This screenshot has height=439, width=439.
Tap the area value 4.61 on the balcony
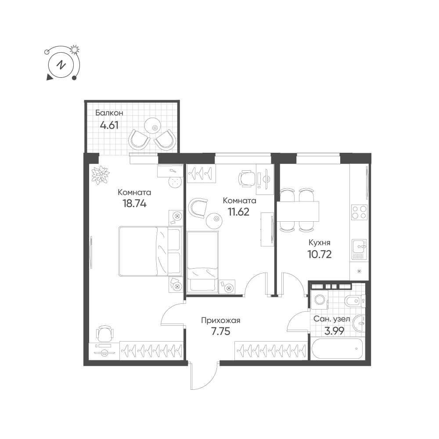pyautogui.click(x=109, y=125)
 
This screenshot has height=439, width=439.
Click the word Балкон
pyautogui.click(x=109, y=113)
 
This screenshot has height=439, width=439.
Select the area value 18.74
pyautogui.click(x=134, y=204)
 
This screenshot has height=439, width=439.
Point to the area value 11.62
pyautogui.click(x=238, y=212)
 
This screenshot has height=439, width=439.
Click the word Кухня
pyautogui.click(x=320, y=243)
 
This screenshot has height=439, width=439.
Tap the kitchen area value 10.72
pyautogui.click(x=320, y=254)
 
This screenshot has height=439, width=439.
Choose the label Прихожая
pyautogui.click(x=221, y=320)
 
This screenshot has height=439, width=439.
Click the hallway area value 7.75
pyautogui.click(x=221, y=331)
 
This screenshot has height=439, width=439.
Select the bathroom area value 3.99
pyautogui.click(x=334, y=331)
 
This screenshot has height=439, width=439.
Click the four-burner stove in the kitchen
pyautogui.click(x=359, y=212)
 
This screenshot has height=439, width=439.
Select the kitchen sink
pyautogui.click(x=359, y=250)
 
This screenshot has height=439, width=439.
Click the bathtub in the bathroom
pyautogui.click(x=337, y=349)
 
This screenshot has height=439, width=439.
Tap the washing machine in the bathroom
pyautogui.click(x=320, y=300)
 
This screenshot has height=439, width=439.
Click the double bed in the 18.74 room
pyautogui.click(x=150, y=251)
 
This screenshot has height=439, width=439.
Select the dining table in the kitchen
pyautogui.click(x=298, y=211)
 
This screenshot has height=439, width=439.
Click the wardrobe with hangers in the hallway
pyautogui.click(x=271, y=350)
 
